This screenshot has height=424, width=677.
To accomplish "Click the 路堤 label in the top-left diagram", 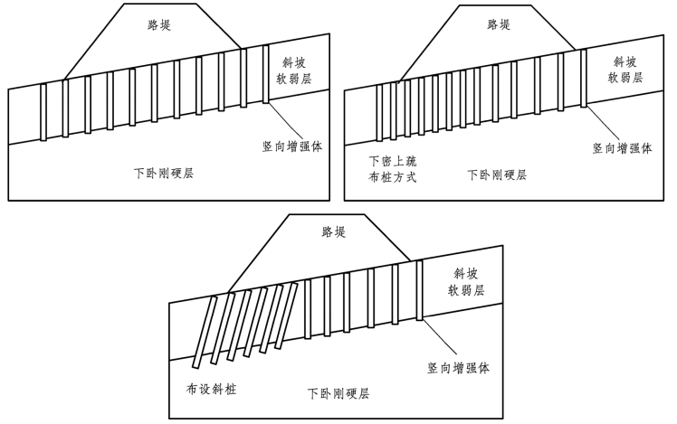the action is [159, 25].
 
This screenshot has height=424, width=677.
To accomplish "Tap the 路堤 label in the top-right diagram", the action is [499, 24].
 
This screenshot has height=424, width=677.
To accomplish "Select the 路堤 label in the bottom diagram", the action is [334, 231].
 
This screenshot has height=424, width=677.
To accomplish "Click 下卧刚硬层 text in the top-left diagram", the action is [164, 174].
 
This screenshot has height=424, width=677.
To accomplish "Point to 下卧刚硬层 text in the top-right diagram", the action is [497, 174].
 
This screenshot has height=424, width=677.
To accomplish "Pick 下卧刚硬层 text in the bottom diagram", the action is [338, 393].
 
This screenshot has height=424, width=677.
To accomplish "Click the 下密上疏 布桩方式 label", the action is [392, 169].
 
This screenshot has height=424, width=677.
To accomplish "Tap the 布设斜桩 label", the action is [212, 389].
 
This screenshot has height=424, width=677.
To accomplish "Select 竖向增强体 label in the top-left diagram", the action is [292, 146].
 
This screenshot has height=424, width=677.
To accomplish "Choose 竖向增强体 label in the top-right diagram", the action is [622, 148].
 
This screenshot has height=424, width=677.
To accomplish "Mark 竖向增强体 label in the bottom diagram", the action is [459, 368].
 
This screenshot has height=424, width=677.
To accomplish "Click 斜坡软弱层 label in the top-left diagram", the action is [294, 71].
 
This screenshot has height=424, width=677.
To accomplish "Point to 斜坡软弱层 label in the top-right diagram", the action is [625, 70].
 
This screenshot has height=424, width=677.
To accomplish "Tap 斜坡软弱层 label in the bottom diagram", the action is [466, 282].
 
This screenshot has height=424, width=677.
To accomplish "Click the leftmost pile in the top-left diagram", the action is [43, 112].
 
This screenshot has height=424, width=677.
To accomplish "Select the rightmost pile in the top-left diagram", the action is [265, 74].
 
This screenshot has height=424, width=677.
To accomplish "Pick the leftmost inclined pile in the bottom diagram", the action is [205, 333].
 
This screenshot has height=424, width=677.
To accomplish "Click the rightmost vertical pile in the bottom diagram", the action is [419, 290].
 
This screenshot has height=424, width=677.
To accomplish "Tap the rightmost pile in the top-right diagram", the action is [584, 78].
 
